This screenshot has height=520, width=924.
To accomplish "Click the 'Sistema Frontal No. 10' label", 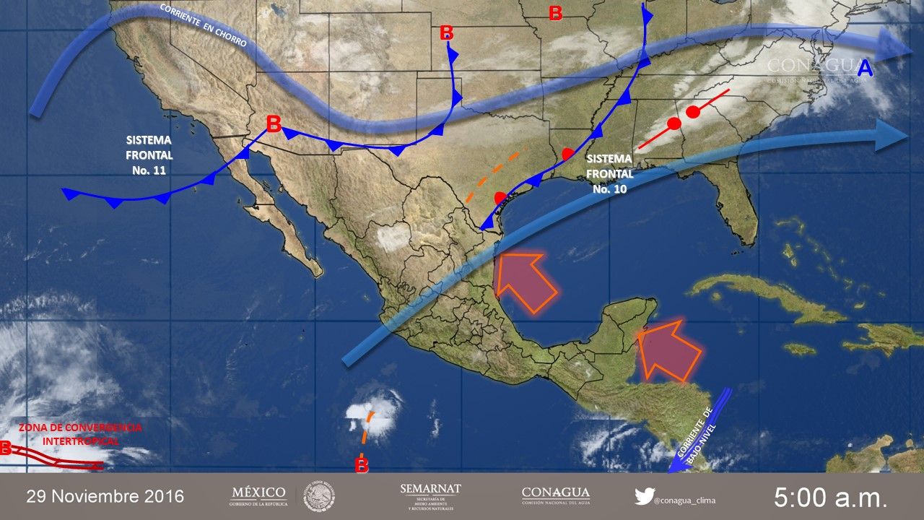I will coord(610,173).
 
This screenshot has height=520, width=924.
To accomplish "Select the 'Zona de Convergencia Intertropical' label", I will coord(80,434).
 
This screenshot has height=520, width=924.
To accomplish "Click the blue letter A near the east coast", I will coord(865,69).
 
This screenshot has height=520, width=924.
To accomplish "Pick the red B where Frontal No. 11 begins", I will coord(274,124).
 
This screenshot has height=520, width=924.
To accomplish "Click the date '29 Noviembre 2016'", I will coord(105,497).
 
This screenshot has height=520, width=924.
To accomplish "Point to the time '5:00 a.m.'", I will coord(830,497).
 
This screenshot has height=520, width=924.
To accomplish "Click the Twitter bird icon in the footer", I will coord(644,496).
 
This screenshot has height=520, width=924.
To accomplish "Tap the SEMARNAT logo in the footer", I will coord(430,496).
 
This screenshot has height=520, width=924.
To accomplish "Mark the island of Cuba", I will coord(765,300).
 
